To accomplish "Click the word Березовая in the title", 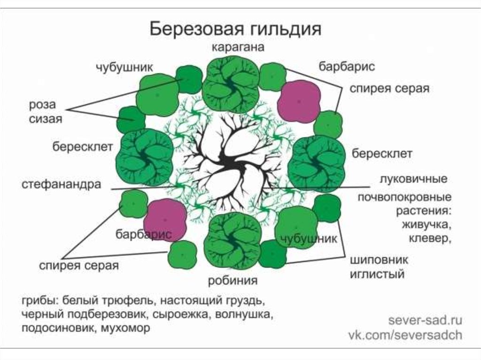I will pyautogui.click(x=197, y=29).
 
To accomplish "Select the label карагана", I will pyautogui.click(x=238, y=47).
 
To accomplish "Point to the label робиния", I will pyautogui.click(x=233, y=281).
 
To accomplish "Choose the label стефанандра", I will pyautogui.click(x=61, y=184).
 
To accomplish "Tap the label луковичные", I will pyautogui.click(x=413, y=179).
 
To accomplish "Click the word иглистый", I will pyautogui.click(x=377, y=274).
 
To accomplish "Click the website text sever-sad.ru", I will pyautogui.click(x=425, y=321).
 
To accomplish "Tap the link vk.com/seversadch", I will pyautogui.click(x=405, y=335).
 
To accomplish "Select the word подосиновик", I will pyautogui.click(x=57, y=328).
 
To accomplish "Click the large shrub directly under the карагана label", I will pyautogui.click(x=230, y=84).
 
